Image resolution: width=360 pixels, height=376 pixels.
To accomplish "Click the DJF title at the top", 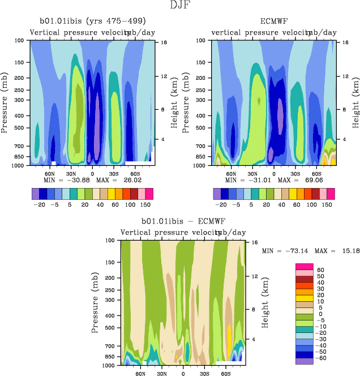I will point(179,6).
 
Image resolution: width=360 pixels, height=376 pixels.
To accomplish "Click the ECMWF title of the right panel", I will point(274,21).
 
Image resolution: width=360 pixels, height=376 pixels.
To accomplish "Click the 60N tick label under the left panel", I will point(50,173).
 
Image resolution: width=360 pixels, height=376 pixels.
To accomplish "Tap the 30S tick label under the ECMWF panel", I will point(295,173).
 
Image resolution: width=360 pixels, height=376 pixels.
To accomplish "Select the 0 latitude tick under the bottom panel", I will point(183,374).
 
